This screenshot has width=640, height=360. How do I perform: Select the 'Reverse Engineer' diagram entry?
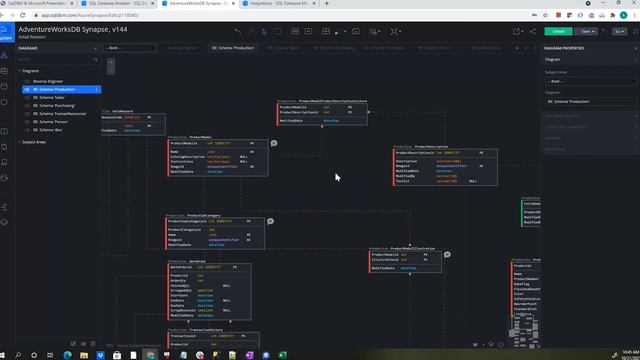(51, 81)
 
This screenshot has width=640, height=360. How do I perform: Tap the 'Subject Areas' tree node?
(37, 142)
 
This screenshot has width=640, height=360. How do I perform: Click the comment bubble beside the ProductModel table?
(274, 143)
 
